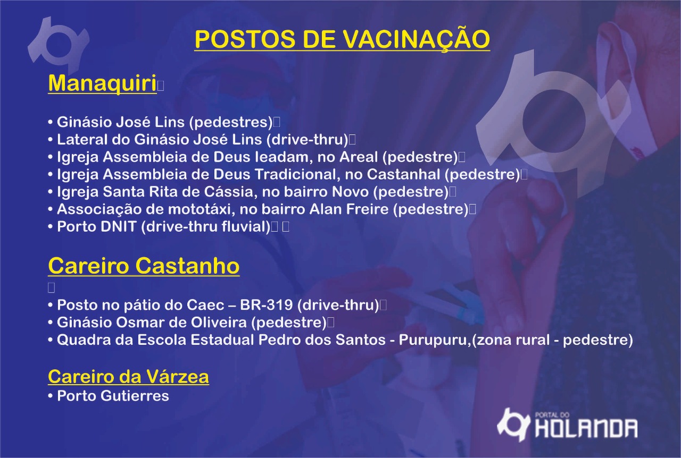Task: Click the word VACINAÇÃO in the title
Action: click(x=417, y=39)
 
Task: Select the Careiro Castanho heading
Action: click(x=144, y=266)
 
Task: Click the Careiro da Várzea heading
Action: click(x=128, y=377)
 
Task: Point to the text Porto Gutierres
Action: click(x=113, y=396)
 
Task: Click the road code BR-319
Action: click(x=267, y=305)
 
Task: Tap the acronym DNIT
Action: click(x=118, y=226)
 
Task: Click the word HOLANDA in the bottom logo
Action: click(x=586, y=429)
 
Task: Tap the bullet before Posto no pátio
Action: click(x=51, y=305)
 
